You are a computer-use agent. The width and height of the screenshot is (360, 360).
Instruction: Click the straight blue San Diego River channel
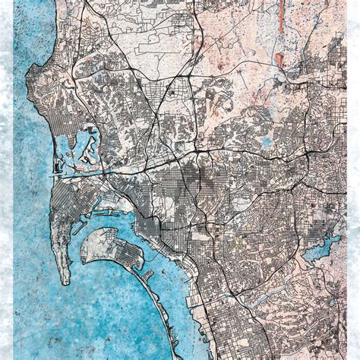pos(84,175)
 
